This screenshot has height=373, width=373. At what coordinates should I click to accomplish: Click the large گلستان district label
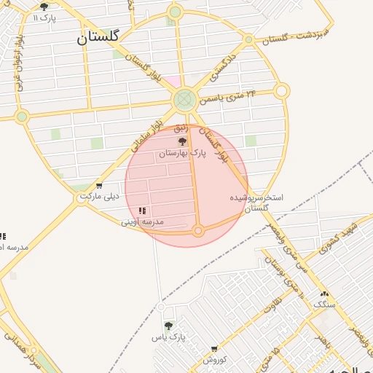point(99,37)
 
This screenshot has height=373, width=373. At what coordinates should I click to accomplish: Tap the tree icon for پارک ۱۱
point(44,7)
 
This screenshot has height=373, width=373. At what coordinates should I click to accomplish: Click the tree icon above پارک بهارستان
point(182,141)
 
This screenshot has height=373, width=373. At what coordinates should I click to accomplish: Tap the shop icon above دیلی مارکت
point(99,186)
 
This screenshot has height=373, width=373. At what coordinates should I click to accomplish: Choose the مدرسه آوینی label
point(142,221)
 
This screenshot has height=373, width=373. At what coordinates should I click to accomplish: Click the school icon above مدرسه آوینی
point(141,211)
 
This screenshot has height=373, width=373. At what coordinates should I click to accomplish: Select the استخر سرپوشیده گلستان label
point(256,203)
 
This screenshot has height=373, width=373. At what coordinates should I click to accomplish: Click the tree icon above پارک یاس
point(168,326)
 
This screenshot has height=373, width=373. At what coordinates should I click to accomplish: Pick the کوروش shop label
point(215,360)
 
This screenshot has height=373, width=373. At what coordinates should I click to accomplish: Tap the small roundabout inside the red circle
point(197,231)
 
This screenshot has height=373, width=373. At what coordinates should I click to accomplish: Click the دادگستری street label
point(224,66)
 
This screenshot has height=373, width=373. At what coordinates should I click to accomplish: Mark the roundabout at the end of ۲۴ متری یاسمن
point(282,91)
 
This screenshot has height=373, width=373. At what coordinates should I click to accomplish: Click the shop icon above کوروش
point(214,350)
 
